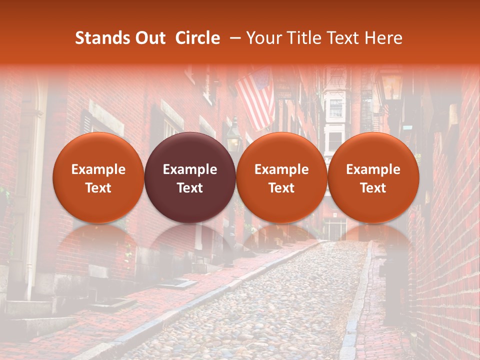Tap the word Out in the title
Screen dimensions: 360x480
[148, 38]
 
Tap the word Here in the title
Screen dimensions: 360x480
[383, 38]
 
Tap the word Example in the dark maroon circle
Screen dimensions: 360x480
[190, 169]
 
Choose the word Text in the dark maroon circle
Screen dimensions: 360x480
[190, 188]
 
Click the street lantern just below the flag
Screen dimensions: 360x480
[233, 137]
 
